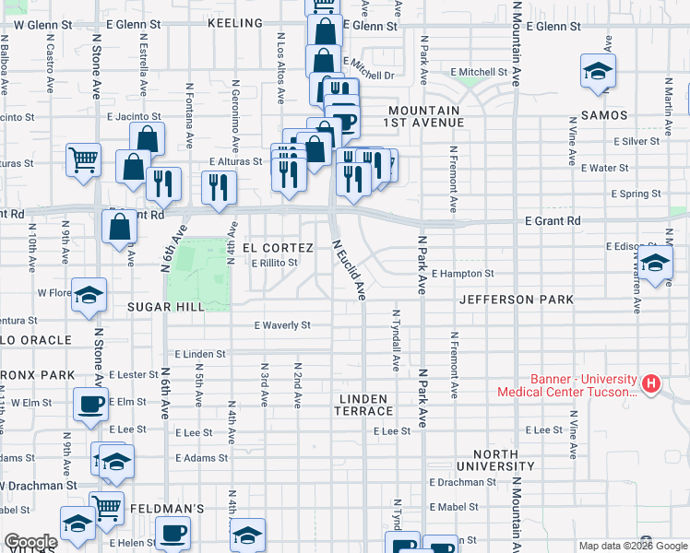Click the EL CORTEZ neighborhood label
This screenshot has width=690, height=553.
click(x=271, y=248)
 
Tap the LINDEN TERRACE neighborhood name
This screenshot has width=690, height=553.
click(x=366, y=404)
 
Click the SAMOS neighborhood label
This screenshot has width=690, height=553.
click(x=604, y=115)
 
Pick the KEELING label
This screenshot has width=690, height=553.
click(x=236, y=21)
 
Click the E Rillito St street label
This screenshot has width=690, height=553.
click(x=276, y=263)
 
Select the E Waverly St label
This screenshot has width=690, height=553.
click(x=282, y=325)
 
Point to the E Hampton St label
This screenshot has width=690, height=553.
click(x=463, y=274)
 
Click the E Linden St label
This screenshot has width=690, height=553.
click(x=198, y=354)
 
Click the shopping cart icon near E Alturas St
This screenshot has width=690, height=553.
click(x=84, y=159)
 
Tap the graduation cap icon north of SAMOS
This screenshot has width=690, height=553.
click(x=598, y=70)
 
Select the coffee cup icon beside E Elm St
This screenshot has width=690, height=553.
click(x=90, y=404)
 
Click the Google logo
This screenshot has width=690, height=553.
click(x=30, y=543)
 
